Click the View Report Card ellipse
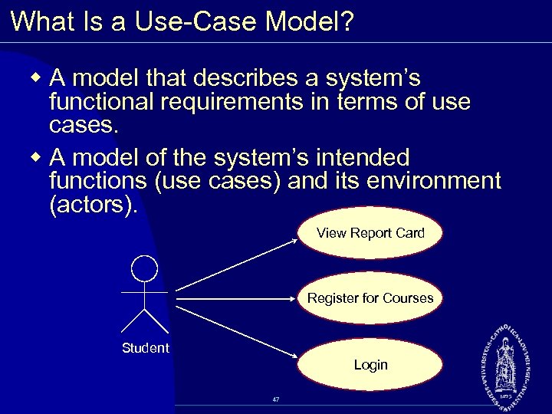point(370,233)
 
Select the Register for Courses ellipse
point(370,298)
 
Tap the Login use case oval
point(370,365)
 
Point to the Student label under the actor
point(145,348)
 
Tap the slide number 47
point(275,399)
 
